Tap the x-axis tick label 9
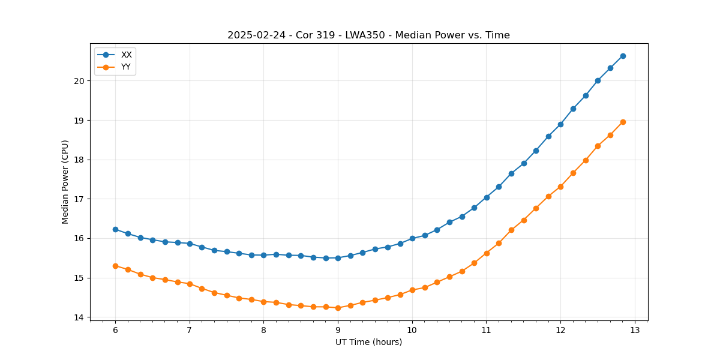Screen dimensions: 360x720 pos(338,331)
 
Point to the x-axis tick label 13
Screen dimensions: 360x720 pos(635,331)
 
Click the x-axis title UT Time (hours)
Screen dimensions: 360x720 pos(368,342)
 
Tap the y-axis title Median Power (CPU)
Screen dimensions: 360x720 pos(65,182)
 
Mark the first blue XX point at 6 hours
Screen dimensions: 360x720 pos(115,229)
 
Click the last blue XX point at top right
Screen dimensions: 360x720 pos(623,56)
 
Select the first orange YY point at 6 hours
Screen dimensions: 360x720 pos(115,266)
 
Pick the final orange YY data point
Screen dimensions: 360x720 pos(623,122)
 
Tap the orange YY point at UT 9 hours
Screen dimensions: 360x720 pos(338,308)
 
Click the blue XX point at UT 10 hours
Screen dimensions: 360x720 pos(412,238)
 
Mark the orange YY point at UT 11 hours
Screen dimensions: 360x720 pos(487,253)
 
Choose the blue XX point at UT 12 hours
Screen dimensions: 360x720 pos(560,124)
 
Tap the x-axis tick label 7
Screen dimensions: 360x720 pos(190,331)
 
